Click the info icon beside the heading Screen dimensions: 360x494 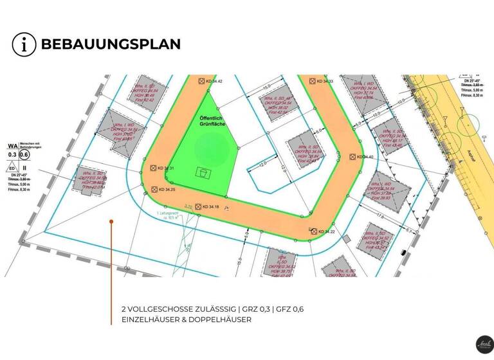pyautogui.click(x=24, y=44)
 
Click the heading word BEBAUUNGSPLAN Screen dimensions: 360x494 pyautogui.click(x=110, y=44)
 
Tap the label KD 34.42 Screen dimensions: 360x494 pyautogui.click(x=214, y=82)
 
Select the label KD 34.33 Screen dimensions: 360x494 pyautogui.click(x=324, y=82)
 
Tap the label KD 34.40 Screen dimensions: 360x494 pyautogui.click(x=363, y=157)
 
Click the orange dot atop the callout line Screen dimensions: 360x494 pyautogui.click(x=111, y=222)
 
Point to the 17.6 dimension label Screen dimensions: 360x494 pyautogui.click(x=380, y=217)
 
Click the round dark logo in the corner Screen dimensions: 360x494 pyautogui.click(x=482, y=345)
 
